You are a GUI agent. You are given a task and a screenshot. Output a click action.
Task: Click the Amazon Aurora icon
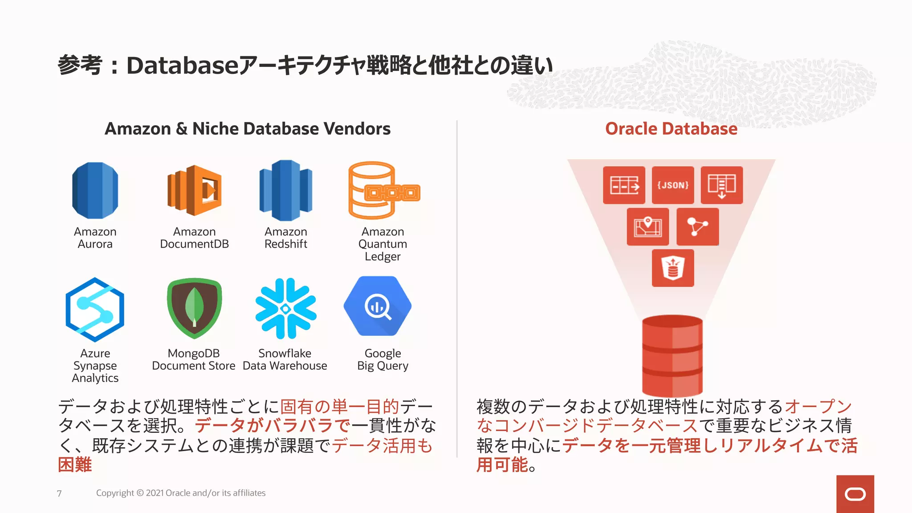[x=95, y=191]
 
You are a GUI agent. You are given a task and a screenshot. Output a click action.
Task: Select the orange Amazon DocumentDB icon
[x=195, y=190]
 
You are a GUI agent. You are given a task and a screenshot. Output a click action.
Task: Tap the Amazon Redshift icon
[x=286, y=190]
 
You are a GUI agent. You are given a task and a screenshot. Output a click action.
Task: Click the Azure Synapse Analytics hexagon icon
[x=95, y=309]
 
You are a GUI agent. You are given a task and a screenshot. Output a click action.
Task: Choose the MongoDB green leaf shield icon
[x=194, y=308]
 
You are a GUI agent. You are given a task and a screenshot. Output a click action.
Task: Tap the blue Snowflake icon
[x=285, y=308]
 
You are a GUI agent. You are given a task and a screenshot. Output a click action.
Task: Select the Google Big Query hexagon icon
[x=378, y=306]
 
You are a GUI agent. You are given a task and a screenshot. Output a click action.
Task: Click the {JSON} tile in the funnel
[x=673, y=185]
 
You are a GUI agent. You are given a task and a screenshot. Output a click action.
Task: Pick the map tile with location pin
[x=647, y=227]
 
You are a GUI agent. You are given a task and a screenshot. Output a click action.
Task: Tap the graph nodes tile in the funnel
[x=697, y=227]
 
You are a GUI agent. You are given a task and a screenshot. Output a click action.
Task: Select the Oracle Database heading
[x=671, y=129]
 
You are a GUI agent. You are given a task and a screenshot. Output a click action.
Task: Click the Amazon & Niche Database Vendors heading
[x=248, y=129]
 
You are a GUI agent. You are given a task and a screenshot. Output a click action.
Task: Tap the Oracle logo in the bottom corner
[x=855, y=494]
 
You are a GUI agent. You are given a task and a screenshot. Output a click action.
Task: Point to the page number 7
[x=59, y=493]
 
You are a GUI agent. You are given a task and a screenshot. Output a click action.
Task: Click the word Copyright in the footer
[x=115, y=493]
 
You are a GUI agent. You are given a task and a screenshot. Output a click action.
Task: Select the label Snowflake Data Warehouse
[x=285, y=359]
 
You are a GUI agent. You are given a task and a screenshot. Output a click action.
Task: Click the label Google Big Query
[x=383, y=359]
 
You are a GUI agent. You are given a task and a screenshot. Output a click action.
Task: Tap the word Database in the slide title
[x=183, y=65]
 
